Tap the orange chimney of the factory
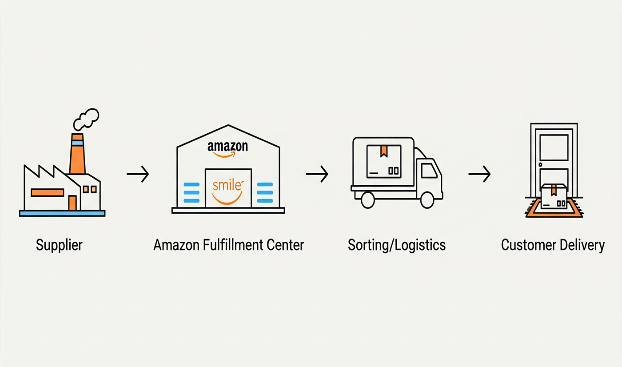pyautogui.click(x=77, y=156)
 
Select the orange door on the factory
pyautogui.click(x=72, y=203)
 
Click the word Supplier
pyautogui.click(x=59, y=245)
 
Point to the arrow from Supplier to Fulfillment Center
pyautogui.click(x=137, y=174)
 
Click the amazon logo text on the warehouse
pyautogui.click(x=227, y=147)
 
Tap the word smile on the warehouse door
pyautogui.click(x=227, y=184)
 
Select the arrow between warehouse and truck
pyautogui.click(x=317, y=174)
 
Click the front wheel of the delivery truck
pyautogui.click(x=427, y=200)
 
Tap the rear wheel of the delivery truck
pyautogui.click(x=368, y=200)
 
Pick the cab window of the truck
pyautogui.click(x=428, y=171)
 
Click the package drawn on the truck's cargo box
pyautogui.click(x=383, y=161)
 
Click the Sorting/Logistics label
pyautogui.click(x=396, y=245)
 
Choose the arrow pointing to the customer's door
pyautogui.click(x=479, y=174)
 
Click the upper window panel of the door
pyautogui.click(x=554, y=147)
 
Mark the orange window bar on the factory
pyautogui.click(x=47, y=192)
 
